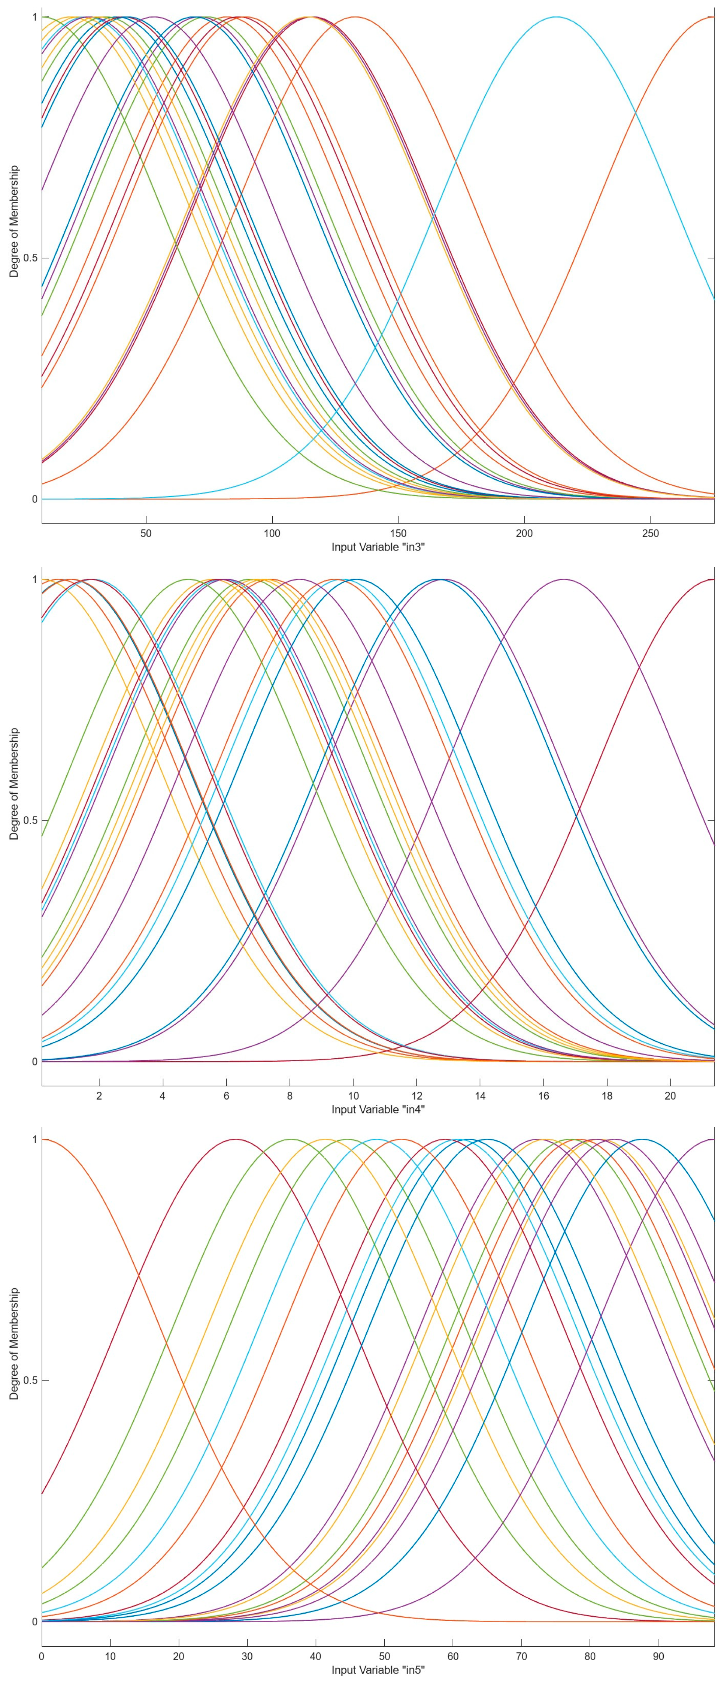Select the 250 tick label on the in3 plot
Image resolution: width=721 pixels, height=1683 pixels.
pyautogui.click(x=651, y=533)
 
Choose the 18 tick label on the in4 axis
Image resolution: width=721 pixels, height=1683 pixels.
pyautogui.click(x=607, y=1096)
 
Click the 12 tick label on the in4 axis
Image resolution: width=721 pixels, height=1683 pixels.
pyautogui.click(x=416, y=1096)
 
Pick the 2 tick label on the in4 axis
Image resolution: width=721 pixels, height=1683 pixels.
pyautogui.click(x=99, y=1096)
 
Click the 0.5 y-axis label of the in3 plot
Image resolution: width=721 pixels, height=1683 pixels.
pyautogui.click(x=29, y=258)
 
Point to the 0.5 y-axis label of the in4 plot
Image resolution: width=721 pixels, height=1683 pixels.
pyautogui.click(x=29, y=821)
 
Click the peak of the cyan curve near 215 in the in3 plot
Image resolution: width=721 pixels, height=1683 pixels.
pyautogui.click(x=556, y=17)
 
